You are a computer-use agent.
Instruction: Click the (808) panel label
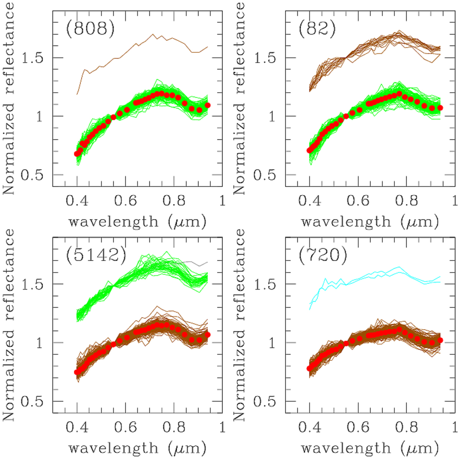pyautogui.click(x=90, y=30)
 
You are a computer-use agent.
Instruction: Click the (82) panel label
pyautogui.click(x=317, y=30)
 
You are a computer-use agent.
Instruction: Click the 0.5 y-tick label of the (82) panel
pyautogui.click(x=265, y=175)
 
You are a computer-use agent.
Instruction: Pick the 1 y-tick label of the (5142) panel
pyautogui.click(x=39, y=343)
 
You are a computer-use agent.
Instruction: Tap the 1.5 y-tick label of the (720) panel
pyautogui.click(x=265, y=285)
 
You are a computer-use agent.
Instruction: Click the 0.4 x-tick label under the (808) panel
pyautogui.click(x=77, y=201)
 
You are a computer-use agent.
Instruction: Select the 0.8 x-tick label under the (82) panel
pyautogui.click(x=407, y=201)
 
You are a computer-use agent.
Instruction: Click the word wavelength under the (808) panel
pyautogui.click(x=113, y=222)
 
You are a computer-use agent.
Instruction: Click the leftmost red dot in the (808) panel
pyautogui.click(x=77, y=154)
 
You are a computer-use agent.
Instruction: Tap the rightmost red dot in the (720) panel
pyautogui.click(x=440, y=340)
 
